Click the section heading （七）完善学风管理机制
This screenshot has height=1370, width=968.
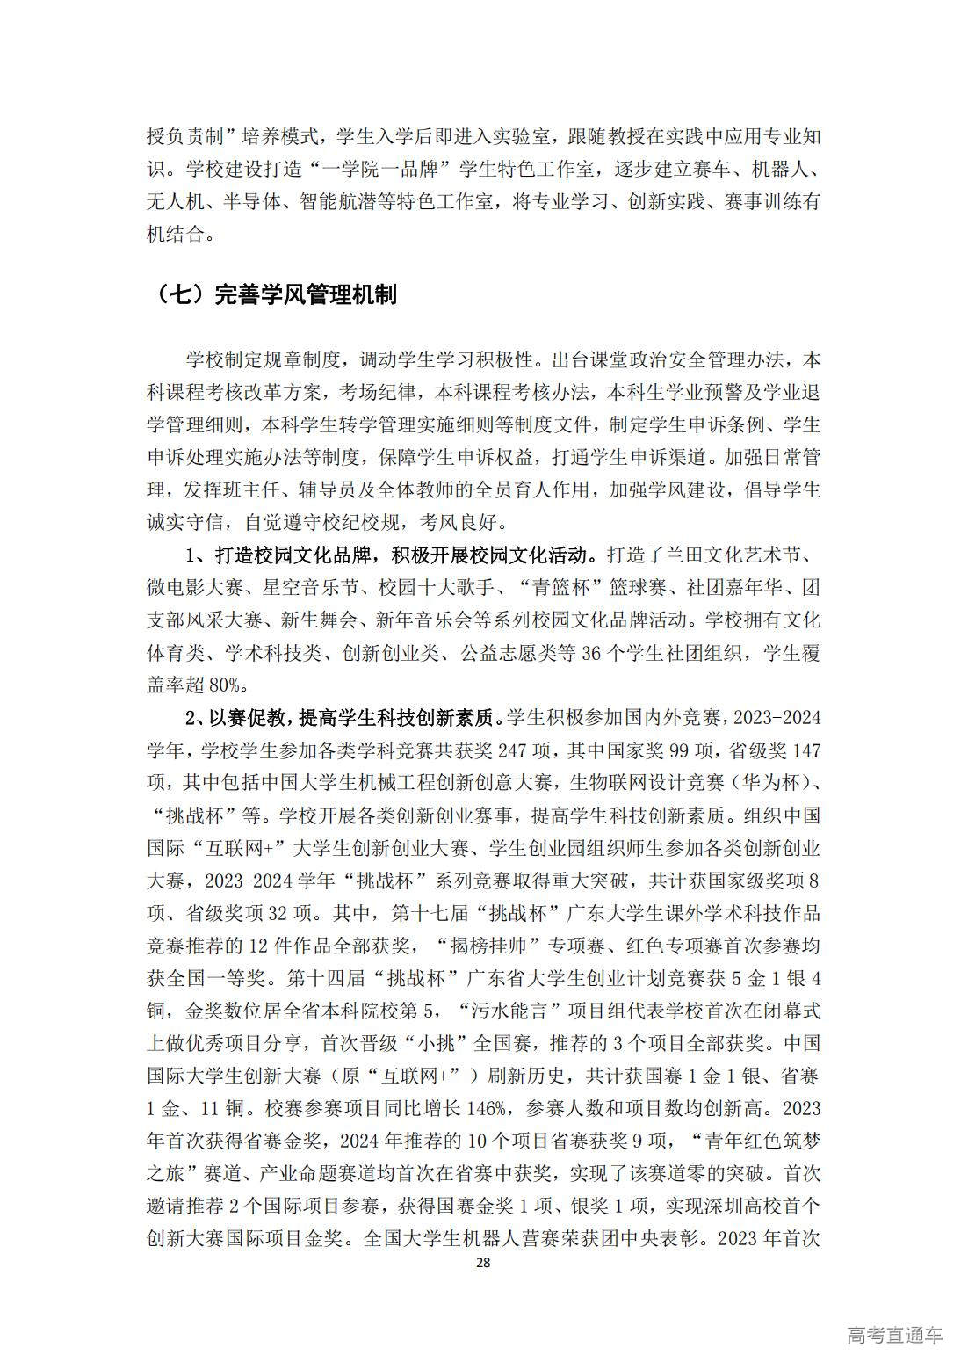point(273,294)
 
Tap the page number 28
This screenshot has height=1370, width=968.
point(482,1263)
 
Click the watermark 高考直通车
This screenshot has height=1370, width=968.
point(894,1335)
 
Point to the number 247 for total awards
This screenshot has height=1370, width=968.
point(514,750)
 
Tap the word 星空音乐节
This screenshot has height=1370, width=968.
point(311,588)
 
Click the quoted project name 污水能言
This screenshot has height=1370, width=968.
point(509,1010)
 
